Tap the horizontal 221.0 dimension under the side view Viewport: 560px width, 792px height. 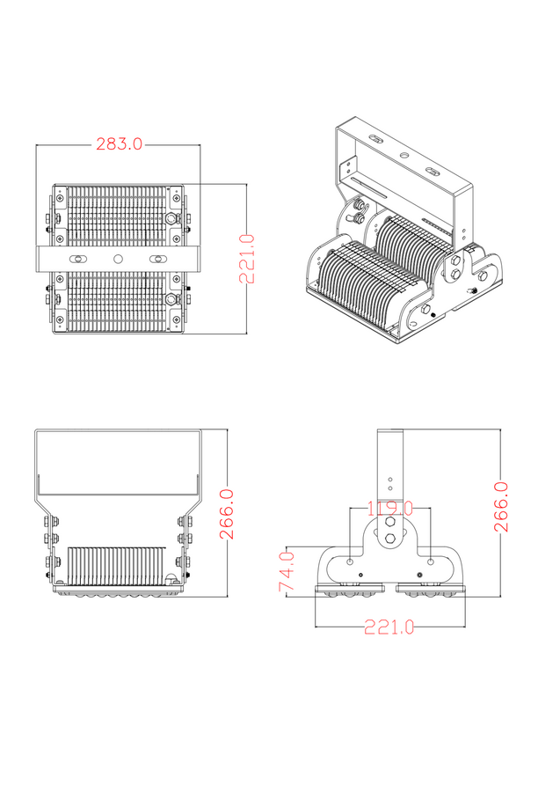click(389, 627)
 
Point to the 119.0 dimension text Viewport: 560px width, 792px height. click(389, 509)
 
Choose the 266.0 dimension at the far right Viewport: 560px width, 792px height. click(501, 506)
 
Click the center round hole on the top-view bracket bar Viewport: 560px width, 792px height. click(119, 259)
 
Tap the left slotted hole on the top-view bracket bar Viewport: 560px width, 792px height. click(78, 259)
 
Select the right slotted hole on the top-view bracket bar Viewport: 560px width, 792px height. click(159, 259)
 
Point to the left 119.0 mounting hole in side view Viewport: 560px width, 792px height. click(351, 561)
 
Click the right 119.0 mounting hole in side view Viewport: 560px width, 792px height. click(430, 561)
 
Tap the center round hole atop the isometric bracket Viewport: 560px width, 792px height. click(404, 155)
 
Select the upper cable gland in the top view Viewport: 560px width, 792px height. click(171, 218)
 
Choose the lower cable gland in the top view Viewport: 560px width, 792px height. click(171, 299)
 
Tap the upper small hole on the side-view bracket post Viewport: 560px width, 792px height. click(389, 478)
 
